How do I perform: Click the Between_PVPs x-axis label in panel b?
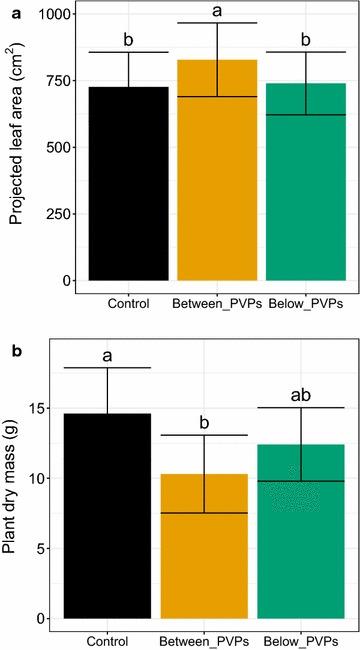click(212, 640)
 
